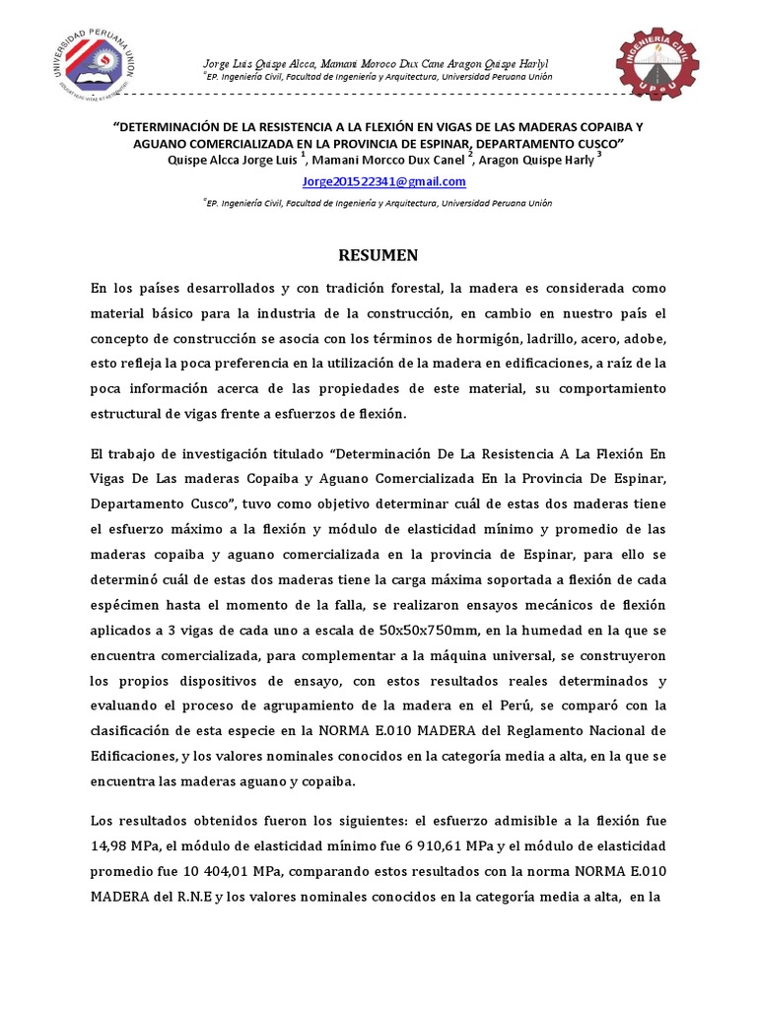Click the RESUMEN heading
(378, 255)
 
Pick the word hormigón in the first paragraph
(451, 339)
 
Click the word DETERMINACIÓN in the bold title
(181, 128)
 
